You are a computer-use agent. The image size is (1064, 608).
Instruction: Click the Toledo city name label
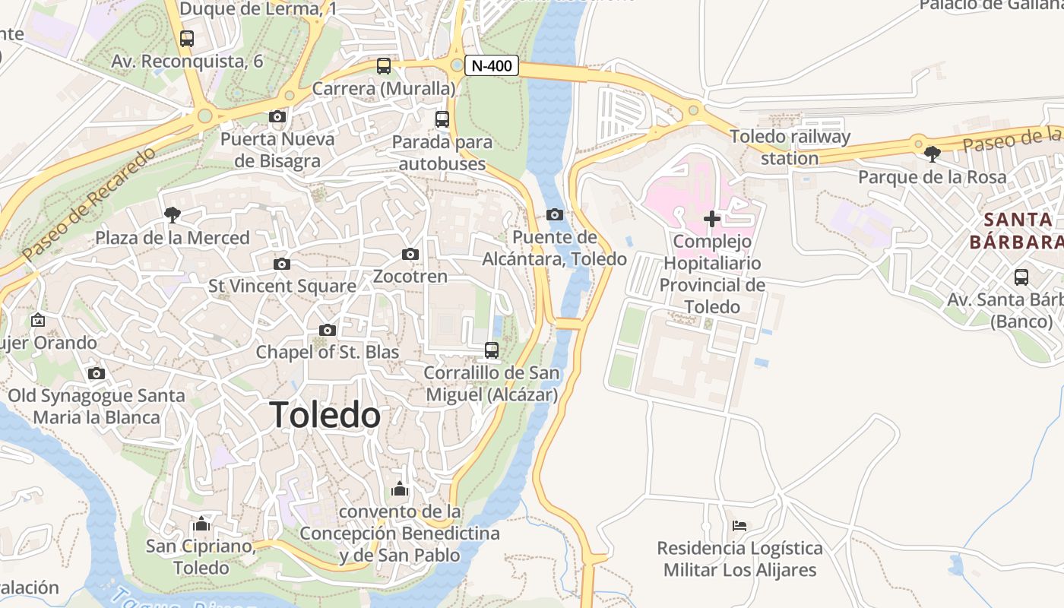(325, 415)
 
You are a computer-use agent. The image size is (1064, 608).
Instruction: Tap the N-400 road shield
(492, 66)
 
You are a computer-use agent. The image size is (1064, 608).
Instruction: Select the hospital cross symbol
(711, 219)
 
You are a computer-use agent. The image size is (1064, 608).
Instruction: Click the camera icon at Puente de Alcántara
(555, 214)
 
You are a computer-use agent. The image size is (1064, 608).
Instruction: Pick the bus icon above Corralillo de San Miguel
(492, 350)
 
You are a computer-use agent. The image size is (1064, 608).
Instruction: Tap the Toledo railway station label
(790, 147)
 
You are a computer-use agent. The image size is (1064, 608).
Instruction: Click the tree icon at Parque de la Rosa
(932, 154)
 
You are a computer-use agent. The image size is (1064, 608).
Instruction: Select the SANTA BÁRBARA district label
(1016, 231)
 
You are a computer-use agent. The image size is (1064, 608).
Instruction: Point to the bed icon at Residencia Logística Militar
(739, 525)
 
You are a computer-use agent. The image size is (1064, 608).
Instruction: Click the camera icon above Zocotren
(410, 254)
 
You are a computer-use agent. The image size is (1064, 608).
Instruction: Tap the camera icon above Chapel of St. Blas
(328, 330)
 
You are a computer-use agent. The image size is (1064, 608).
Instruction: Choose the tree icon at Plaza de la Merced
(173, 215)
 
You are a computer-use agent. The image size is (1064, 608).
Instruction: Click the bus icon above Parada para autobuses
(442, 119)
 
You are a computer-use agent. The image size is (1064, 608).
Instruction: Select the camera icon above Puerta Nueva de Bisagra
(277, 116)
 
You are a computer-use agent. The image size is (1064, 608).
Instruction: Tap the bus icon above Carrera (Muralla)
(384, 66)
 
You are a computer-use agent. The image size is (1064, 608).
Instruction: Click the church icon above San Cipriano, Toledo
(201, 524)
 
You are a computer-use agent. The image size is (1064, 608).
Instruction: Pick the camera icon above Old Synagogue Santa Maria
(97, 373)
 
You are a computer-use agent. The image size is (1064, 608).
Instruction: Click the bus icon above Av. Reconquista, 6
(187, 38)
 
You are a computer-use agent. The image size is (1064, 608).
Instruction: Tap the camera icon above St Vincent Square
(282, 264)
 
